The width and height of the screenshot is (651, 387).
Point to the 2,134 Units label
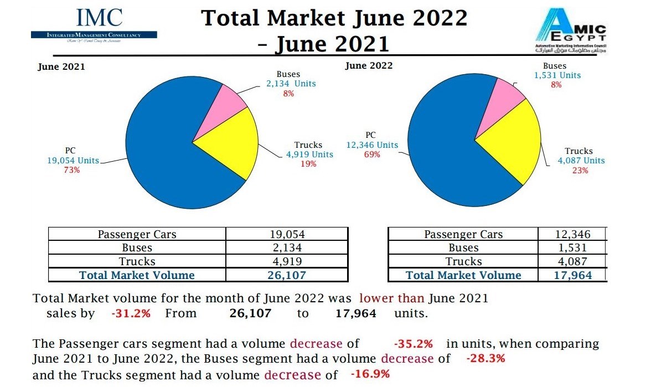pos(291,84)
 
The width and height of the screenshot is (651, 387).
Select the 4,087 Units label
pos(581,161)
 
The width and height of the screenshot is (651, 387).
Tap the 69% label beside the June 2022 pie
pos(372,154)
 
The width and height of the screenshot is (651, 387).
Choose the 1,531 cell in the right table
pos(573,248)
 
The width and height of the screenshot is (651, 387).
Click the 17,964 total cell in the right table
pos(573,275)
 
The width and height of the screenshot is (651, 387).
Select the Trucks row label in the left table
pos(137,261)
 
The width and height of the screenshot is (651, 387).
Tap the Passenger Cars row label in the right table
pos(463,234)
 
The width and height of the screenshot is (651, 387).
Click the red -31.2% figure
pos(131,313)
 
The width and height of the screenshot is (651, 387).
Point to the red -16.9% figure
pos(370,374)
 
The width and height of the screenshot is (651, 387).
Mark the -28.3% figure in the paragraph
pos(485,358)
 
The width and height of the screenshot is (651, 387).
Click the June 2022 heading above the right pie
pos(369,66)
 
